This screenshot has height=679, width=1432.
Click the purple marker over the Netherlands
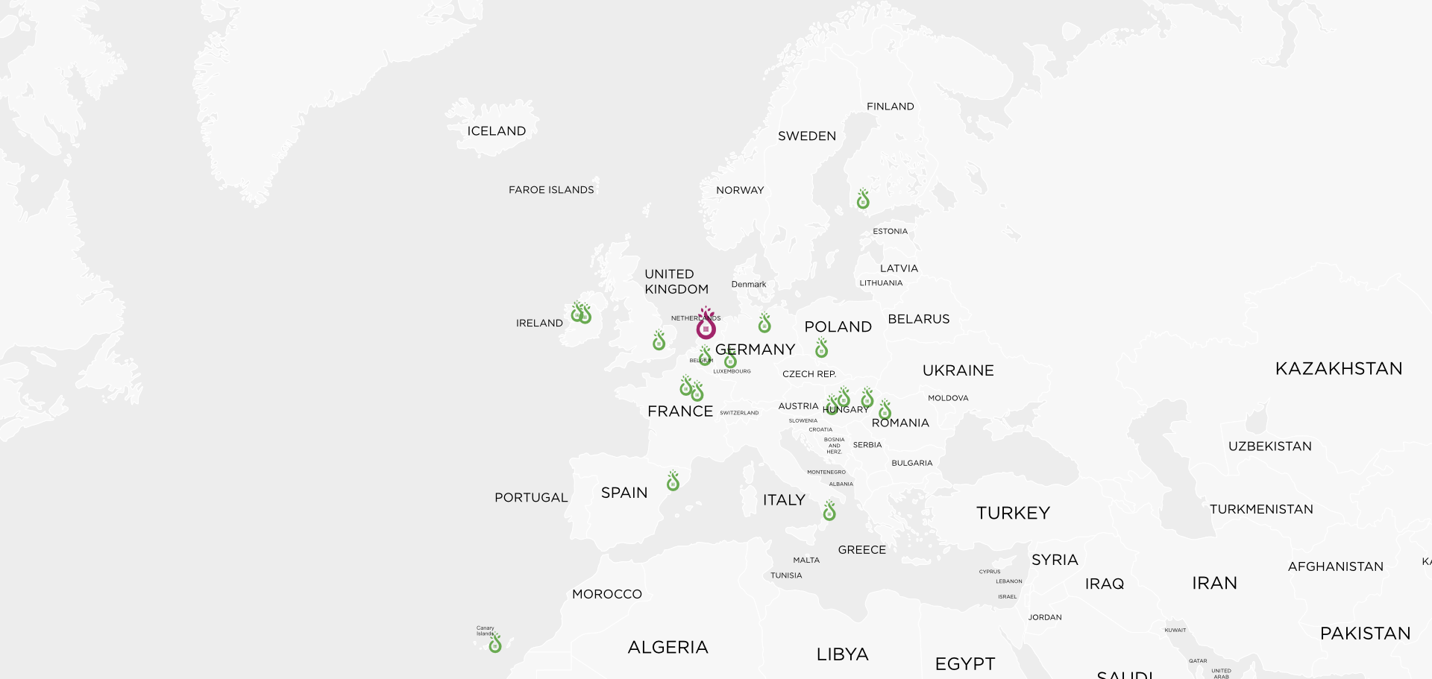point(706,325)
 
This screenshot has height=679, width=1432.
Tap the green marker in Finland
point(863,200)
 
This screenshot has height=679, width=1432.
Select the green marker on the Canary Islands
point(495,644)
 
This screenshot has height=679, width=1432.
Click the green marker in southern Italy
point(829,511)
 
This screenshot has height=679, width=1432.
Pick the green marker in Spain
point(673,481)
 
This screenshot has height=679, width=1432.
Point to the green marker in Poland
point(821,348)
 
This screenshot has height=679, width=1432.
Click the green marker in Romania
point(885,411)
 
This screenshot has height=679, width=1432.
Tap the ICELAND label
point(497,131)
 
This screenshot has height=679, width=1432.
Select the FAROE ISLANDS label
point(551,190)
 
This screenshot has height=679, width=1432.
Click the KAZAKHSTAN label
point(1339,369)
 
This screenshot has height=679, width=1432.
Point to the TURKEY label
point(1013,513)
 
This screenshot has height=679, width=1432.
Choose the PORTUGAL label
point(531,498)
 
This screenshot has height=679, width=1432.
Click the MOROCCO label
point(607,594)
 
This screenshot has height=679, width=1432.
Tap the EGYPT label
point(965,663)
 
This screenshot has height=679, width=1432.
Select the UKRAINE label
point(958,370)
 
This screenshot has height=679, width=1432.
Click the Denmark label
point(749,285)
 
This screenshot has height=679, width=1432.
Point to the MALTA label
point(806,560)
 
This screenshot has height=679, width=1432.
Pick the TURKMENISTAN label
point(1261,510)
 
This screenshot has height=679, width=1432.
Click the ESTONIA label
point(891,232)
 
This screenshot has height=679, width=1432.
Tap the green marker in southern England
point(659,341)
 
